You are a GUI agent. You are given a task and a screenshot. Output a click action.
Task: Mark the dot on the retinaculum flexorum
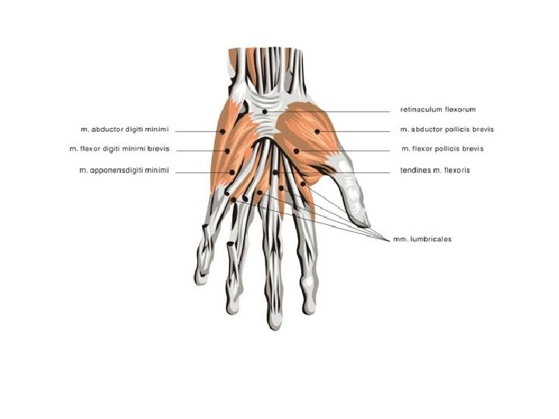[264, 112]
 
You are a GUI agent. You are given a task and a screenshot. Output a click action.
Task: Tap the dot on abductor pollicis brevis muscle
[317, 131]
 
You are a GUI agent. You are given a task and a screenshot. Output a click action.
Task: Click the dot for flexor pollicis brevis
[297, 150]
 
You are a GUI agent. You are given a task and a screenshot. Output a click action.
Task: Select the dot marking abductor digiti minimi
[224, 132]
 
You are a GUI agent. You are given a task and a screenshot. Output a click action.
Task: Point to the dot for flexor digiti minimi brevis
[227, 151]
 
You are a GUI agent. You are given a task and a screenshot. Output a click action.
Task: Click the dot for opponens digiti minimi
[232, 171]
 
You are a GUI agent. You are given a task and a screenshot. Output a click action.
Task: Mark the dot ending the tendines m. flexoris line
[276, 171]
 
